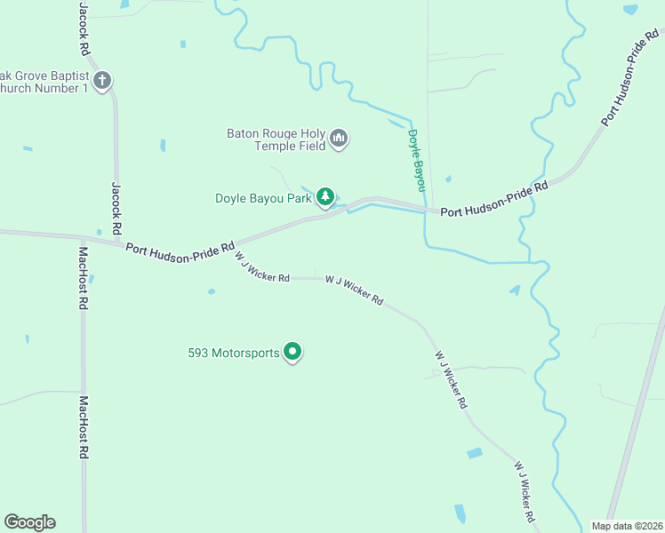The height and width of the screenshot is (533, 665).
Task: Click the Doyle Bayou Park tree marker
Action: click(x=326, y=196)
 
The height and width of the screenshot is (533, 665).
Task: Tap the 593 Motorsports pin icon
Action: click(x=292, y=352)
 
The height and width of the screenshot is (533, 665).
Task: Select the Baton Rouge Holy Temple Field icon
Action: click(x=338, y=139)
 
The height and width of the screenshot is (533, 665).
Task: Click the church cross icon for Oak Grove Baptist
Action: click(x=102, y=81)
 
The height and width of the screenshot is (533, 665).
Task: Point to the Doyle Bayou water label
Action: click(x=416, y=160)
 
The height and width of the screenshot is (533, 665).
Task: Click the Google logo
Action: click(x=29, y=522)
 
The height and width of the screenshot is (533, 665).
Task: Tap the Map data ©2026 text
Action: click(x=626, y=526)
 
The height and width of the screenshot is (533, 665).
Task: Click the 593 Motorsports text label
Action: click(x=234, y=353)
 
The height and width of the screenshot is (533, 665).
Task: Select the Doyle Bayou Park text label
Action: click(x=263, y=198)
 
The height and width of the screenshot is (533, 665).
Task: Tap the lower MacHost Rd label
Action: click(x=84, y=426)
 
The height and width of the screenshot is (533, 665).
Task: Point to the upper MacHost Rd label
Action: click(x=82, y=277)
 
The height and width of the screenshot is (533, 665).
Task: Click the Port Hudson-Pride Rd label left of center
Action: click(x=180, y=253)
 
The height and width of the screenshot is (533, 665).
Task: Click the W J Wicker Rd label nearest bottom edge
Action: click(x=524, y=491)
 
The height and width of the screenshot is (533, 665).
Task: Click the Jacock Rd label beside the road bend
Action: click(x=116, y=209)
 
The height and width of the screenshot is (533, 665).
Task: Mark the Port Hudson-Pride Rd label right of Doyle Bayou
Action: click(x=493, y=200)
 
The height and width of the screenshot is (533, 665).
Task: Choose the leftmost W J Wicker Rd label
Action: click(x=262, y=267)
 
